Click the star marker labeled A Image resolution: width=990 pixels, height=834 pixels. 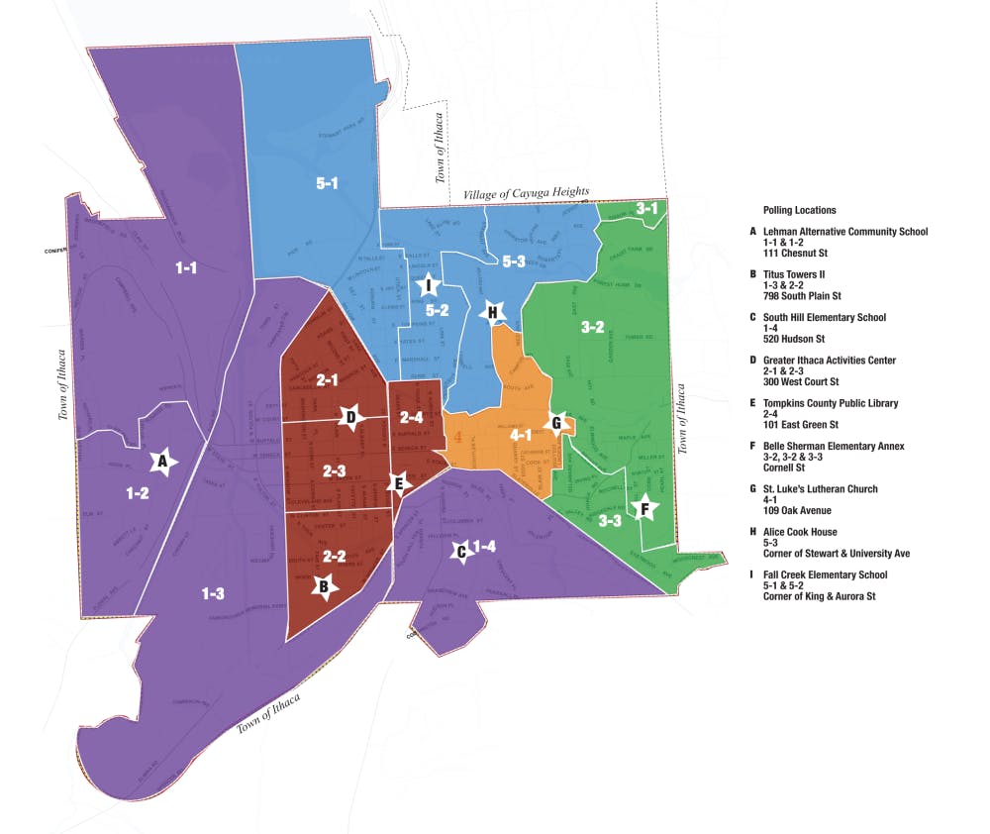pos(163,461)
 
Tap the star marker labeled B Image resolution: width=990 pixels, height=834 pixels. pos(322,587)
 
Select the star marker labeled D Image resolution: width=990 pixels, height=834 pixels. pos(350,418)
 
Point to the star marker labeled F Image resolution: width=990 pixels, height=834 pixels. pos(645,509)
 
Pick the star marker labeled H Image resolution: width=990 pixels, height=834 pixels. pos(492,313)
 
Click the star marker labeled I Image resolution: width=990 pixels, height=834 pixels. pos(428,286)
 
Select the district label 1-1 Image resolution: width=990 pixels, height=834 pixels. pos(186,267)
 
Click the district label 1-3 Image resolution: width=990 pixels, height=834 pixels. pos(213,593)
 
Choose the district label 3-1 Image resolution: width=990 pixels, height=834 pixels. pos(647,208)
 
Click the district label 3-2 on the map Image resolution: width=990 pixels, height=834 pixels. pos(592,327)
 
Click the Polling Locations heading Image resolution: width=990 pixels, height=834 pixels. pos(799,211)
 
